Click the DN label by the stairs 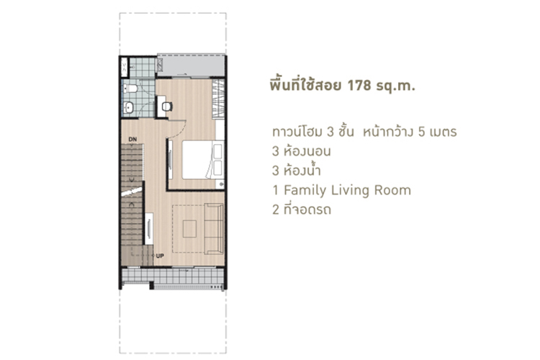click(x=132, y=139)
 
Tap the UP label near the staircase click(x=160, y=256)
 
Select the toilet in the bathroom click(x=130, y=88)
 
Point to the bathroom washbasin click(x=129, y=107)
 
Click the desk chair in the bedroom click(x=167, y=107)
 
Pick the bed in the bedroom click(x=203, y=160)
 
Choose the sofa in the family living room click(x=214, y=229)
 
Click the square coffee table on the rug click(x=189, y=229)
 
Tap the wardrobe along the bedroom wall click(x=218, y=99)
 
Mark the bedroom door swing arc click(x=182, y=132)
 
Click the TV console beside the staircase click(x=149, y=229)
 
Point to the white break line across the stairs click(x=132, y=192)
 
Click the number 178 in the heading click(x=359, y=85)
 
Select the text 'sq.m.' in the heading click(x=395, y=86)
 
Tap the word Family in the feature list click(x=305, y=191)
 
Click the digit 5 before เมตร click(x=421, y=132)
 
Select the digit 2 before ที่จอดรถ click(x=276, y=210)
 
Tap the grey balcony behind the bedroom click(x=192, y=65)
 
